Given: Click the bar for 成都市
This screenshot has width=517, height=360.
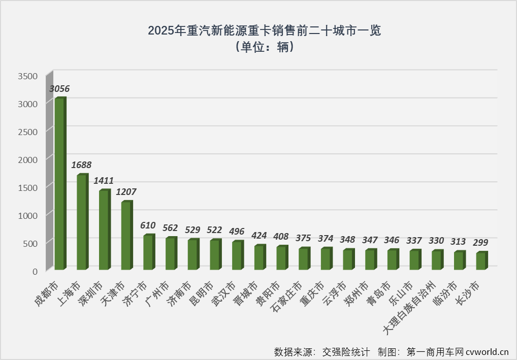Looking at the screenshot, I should click(60, 184).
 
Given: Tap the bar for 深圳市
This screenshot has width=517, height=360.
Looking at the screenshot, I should click(104, 230).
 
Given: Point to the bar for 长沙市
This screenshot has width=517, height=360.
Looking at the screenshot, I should click(481, 261).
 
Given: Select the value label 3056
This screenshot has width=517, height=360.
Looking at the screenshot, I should click(59, 89).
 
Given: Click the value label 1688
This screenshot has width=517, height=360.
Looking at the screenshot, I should click(82, 165).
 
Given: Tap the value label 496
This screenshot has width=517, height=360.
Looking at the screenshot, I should click(237, 232).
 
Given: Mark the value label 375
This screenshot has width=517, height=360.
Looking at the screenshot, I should click(304, 238).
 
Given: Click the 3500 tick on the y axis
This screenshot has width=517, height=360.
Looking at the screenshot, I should click(28, 76).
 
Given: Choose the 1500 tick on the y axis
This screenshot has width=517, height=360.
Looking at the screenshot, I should click(28, 187).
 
